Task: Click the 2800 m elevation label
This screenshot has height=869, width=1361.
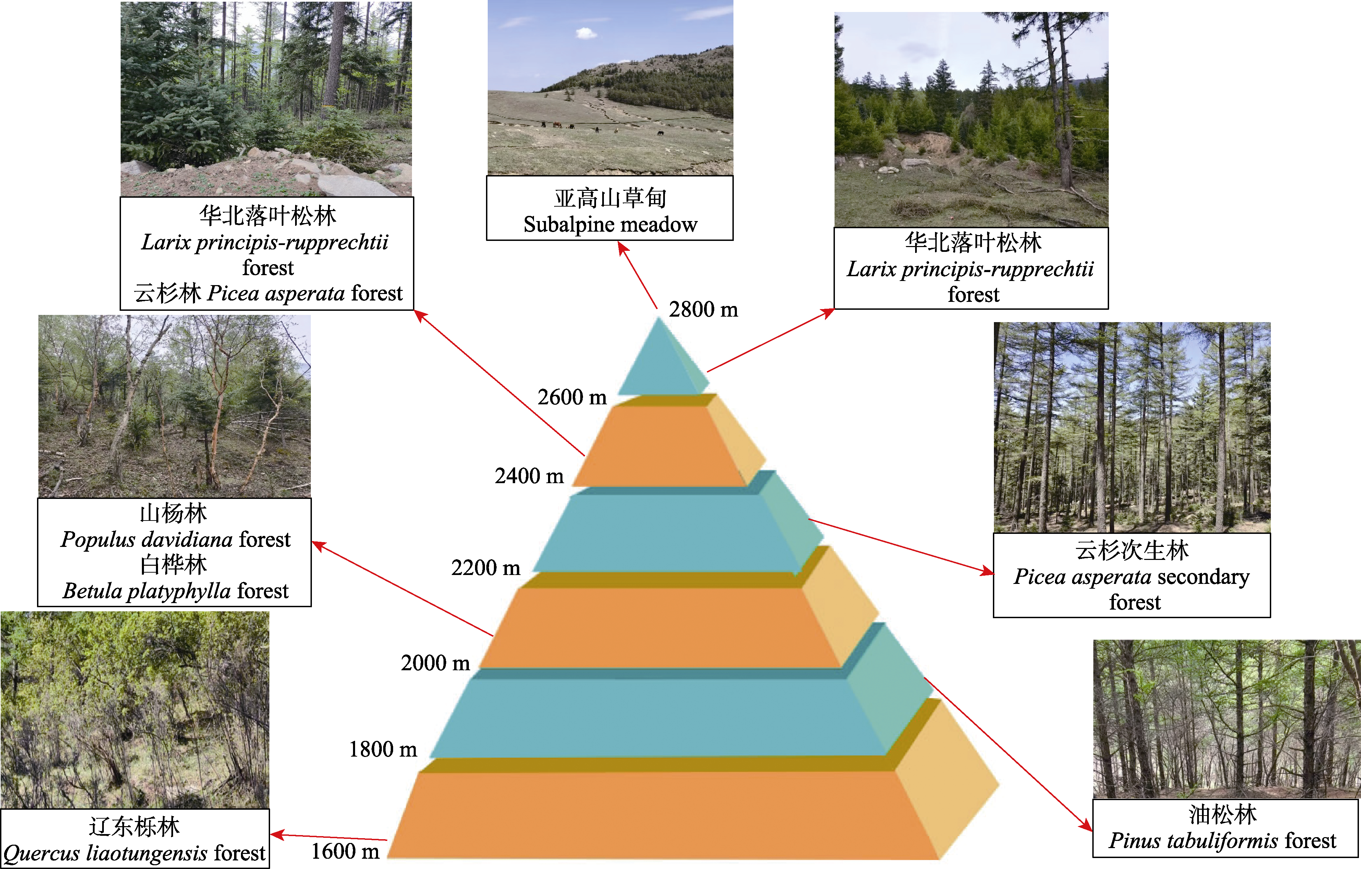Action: click(x=703, y=310)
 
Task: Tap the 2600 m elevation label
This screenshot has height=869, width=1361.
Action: click(x=572, y=397)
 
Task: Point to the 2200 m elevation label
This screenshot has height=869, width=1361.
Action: click(x=486, y=567)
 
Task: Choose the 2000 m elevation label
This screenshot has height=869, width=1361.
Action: click(x=435, y=663)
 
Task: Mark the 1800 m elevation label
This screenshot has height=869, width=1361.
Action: click(x=382, y=749)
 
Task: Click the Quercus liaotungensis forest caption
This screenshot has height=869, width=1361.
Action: click(x=134, y=853)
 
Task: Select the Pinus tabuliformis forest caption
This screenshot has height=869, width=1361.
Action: click(x=1222, y=841)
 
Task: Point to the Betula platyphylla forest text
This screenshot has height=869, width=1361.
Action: click(x=175, y=591)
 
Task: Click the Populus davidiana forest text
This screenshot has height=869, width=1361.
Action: click(x=175, y=540)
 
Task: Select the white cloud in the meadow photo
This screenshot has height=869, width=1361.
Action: click(x=586, y=33)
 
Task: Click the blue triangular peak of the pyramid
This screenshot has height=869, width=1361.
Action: click(x=661, y=362)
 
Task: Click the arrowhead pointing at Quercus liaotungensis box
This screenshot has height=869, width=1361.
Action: click(x=278, y=834)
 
